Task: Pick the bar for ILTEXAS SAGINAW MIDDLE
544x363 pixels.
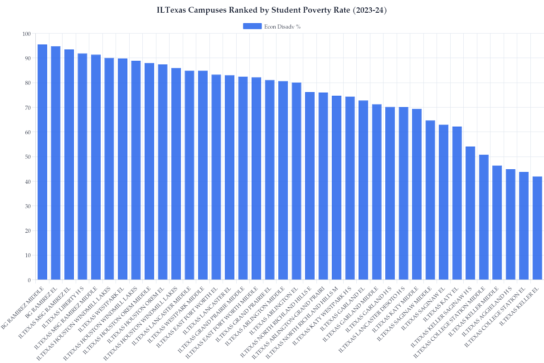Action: (x=430, y=200)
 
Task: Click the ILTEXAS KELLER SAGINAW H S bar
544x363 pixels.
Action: (x=471, y=213)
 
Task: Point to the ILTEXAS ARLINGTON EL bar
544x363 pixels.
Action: (x=296, y=181)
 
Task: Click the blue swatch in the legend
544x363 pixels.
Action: (x=253, y=26)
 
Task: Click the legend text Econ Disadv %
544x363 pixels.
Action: (x=282, y=27)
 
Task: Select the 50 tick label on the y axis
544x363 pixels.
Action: (x=28, y=157)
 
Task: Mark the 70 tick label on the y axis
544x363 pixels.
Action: (x=28, y=108)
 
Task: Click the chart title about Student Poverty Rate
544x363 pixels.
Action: (x=272, y=10)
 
